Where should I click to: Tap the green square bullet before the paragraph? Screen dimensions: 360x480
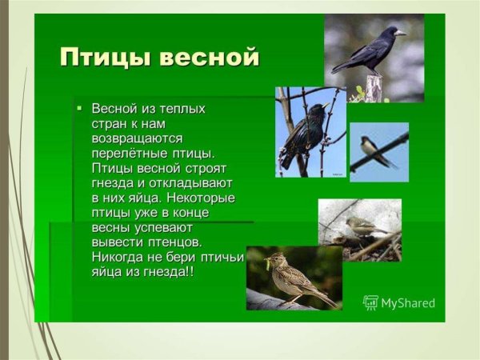point(78,107)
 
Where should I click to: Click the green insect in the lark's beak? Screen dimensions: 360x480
point(266,262)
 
